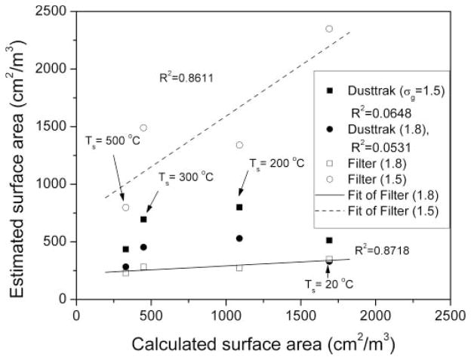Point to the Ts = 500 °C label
coord(112,140)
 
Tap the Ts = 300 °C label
coord(186,177)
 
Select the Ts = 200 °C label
coord(277,161)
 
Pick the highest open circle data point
coord(329,29)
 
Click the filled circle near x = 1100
coord(239,238)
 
